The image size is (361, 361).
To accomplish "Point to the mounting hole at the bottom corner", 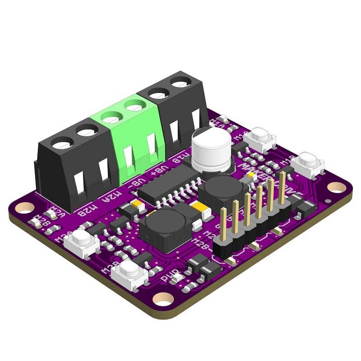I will click(x=164, y=298).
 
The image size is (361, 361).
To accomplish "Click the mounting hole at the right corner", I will click(x=336, y=186).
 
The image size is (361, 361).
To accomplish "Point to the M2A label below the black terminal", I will click(x=116, y=194).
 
